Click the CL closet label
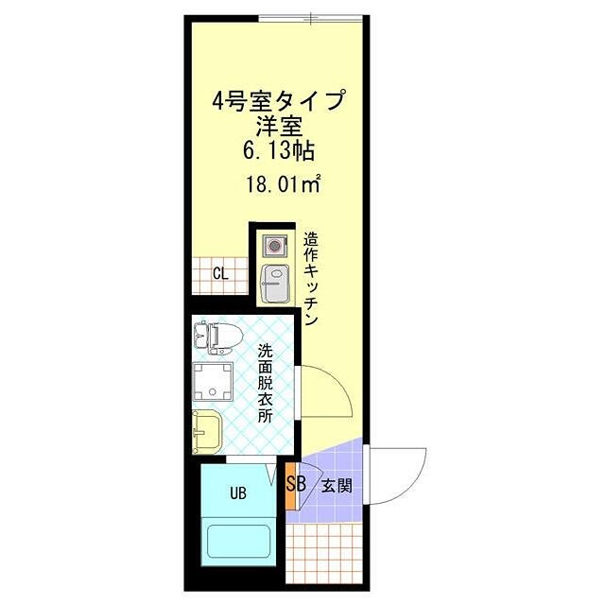[x=219, y=275]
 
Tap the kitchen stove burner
[x=275, y=246]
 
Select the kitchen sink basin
[x=275, y=281]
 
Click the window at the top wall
[x=311, y=17]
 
